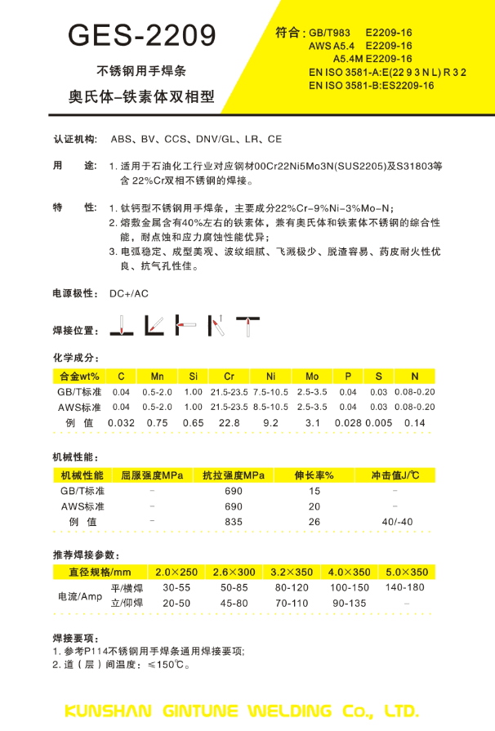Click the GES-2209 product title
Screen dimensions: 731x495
point(143,35)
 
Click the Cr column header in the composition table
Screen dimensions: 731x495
point(229,376)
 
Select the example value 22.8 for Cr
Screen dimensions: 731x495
point(230,422)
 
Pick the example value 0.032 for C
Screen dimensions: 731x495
point(121,422)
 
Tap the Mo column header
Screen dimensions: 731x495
point(312,376)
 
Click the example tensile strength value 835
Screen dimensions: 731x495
point(234,521)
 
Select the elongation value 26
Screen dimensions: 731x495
point(314,521)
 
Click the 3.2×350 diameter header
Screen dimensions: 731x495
point(292,572)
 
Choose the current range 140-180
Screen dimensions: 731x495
point(404,587)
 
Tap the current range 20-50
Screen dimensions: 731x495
point(176,603)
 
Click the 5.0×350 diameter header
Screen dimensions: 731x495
point(407,572)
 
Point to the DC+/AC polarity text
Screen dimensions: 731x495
point(129,293)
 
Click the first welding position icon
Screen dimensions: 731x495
point(120,326)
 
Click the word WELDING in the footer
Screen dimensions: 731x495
point(291,709)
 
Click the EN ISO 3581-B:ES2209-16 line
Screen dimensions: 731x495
point(371,86)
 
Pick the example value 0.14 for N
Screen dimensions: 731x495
point(415,422)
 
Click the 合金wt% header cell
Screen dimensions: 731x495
point(80,376)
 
